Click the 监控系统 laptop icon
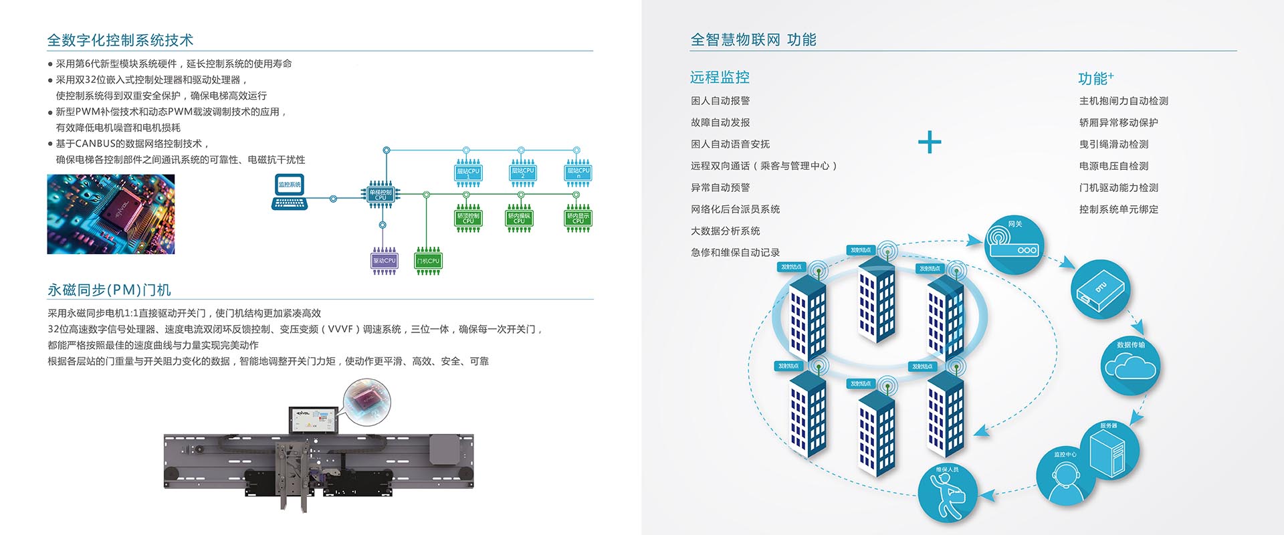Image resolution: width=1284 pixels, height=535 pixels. coord(289,191)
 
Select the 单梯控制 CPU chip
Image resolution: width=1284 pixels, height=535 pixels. coord(381,194)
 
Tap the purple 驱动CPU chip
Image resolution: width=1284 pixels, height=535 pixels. coord(384,261)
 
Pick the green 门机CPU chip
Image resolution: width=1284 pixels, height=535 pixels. coord(428,261)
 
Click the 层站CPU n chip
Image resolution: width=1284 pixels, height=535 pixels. coord(578,173)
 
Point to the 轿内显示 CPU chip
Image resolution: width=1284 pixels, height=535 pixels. coord(578,217)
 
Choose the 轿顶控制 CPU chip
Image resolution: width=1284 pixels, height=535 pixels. coord(468,217)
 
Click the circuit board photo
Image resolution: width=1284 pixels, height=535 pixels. coord(111,214)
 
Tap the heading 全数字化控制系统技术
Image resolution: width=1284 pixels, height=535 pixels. coord(120,40)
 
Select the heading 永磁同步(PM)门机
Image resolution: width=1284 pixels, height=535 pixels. coord(109,290)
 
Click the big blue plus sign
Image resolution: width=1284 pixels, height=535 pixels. coord(930,142)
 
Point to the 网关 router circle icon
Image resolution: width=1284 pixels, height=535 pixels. coord(1014,244)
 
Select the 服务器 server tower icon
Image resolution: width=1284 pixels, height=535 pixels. coord(1109,451)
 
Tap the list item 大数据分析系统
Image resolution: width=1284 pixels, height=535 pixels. coord(725,231)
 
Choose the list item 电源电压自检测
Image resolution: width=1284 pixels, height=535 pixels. coord(1113,166)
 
